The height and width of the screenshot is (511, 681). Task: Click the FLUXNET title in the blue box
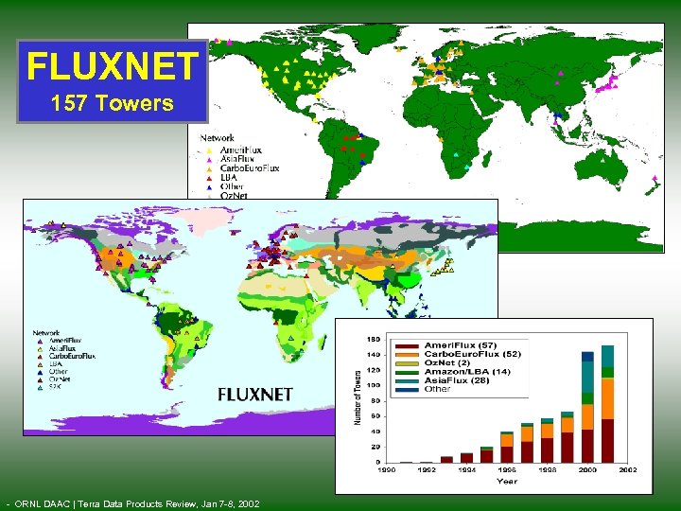pyautogui.click(x=113, y=66)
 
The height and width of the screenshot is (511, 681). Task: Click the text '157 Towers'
pyautogui.click(x=113, y=102)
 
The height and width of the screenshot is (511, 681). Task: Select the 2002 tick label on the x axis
pyautogui.click(x=627, y=469)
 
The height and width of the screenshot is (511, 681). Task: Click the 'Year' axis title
pyautogui.click(x=507, y=481)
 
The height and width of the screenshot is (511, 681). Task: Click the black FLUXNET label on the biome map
pyautogui.click(x=255, y=394)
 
